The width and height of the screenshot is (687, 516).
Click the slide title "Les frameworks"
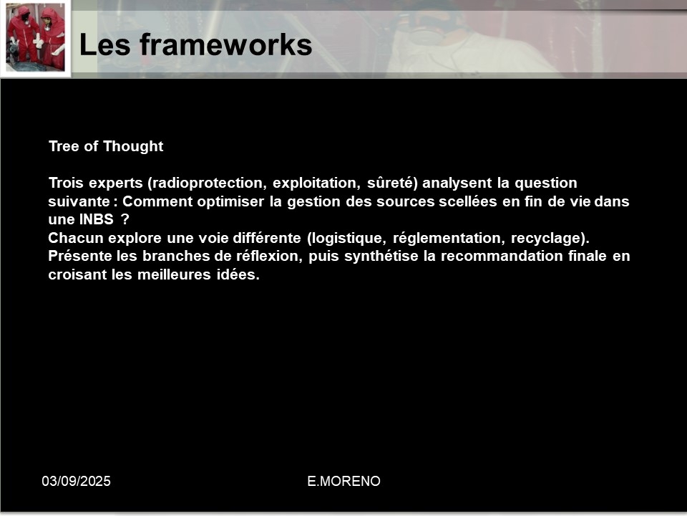(195, 44)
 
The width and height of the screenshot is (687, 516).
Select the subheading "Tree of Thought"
(106, 146)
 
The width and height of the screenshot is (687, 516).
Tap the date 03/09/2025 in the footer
(77, 482)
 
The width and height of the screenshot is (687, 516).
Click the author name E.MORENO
(344, 482)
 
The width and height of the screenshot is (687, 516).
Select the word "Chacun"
(76, 238)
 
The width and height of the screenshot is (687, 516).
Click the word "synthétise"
(381, 257)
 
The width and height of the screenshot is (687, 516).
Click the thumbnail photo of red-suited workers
(36, 38)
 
